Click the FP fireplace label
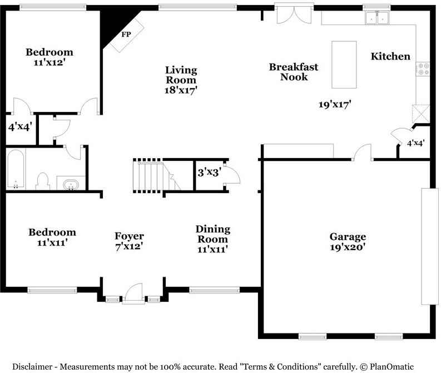(126, 35)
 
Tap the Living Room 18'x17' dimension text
(181, 90)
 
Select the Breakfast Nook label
(294, 72)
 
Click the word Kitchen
(390, 56)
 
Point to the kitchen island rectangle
(344, 65)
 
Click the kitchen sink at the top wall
(377, 18)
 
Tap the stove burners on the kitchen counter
(423, 69)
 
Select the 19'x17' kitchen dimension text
(335, 105)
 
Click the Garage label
(348, 237)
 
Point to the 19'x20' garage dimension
(348, 247)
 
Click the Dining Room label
(213, 234)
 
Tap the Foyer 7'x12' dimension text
(129, 246)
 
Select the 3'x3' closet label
(209, 172)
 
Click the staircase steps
(148, 176)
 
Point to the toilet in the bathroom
(43, 181)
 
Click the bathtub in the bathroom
(16, 169)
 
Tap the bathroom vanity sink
(71, 184)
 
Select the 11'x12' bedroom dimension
(49, 62)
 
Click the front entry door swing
(133, 293)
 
